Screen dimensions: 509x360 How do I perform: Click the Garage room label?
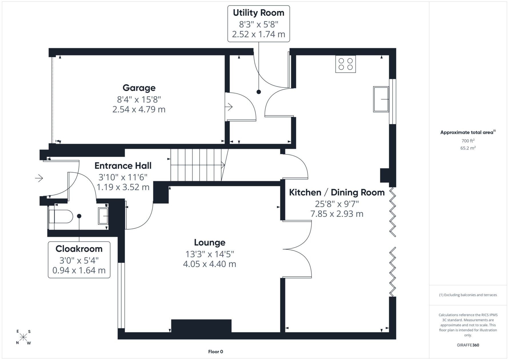click(x=139, y=88)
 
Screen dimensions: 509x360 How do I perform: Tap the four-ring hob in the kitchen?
click(x=346, y=64)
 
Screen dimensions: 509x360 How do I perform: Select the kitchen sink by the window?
click(x=381, y=99)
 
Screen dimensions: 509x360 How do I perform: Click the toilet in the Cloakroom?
click(x=61, y=216)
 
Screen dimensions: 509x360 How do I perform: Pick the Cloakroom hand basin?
click(x=103, y=216)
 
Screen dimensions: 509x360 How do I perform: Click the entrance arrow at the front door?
click(x=39, y=178)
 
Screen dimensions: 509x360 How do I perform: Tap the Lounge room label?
click(x=210, y=243)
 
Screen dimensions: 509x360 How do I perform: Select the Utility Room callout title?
click(x=259, y=13)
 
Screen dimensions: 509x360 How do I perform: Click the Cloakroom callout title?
click(x=79, y=249)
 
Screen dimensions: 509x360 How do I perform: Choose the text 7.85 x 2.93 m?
click(x=337, y=214)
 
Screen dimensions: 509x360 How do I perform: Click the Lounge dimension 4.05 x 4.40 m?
click(x=209, y=264)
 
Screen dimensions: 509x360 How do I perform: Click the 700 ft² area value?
click(x=468, y=141)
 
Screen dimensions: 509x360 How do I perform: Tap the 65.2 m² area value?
click(x=468, y=148)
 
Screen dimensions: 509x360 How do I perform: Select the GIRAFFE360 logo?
click(x=468, y=345)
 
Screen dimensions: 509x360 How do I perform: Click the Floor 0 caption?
click(x=215, y=352)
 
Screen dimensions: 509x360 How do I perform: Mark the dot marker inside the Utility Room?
click(x=259, y=92)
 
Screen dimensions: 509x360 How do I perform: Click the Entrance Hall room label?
click(x=123, y=166)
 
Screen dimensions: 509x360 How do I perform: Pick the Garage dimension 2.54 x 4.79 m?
click(x=139, y=109)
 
